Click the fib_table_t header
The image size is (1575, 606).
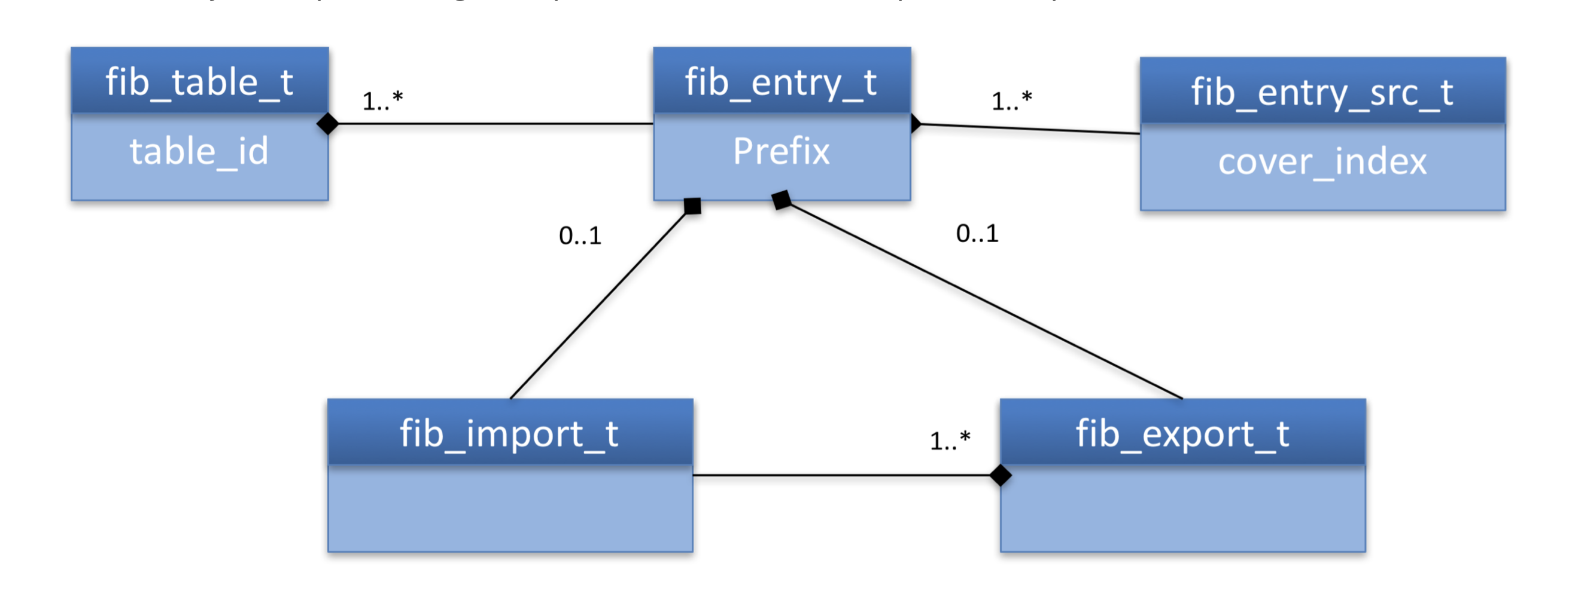point(199,82)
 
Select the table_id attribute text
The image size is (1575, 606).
point(199,152)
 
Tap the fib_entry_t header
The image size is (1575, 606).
point(782,82)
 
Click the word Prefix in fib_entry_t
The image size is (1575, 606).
point(782,152)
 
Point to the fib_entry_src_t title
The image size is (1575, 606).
point(1322,92)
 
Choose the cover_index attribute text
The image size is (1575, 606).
point(1322,162)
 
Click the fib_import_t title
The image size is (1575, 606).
point(509,434)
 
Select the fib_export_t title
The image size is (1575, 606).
point(1182,434)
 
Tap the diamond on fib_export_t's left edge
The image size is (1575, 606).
point(1001,475)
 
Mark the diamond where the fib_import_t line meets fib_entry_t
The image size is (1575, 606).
point(692,206)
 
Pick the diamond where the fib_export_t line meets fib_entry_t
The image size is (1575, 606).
point(782,200)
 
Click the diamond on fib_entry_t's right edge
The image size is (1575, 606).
point(916,123)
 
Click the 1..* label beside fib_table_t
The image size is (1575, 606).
point(382,101)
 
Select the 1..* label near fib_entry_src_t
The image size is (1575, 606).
point(1011,101)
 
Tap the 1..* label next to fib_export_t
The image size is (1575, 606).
point(950,440)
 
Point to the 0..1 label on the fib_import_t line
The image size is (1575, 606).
point(580,236)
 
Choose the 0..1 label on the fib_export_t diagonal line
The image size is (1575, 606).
point(977,233)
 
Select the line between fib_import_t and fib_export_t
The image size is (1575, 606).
point(844,475)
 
